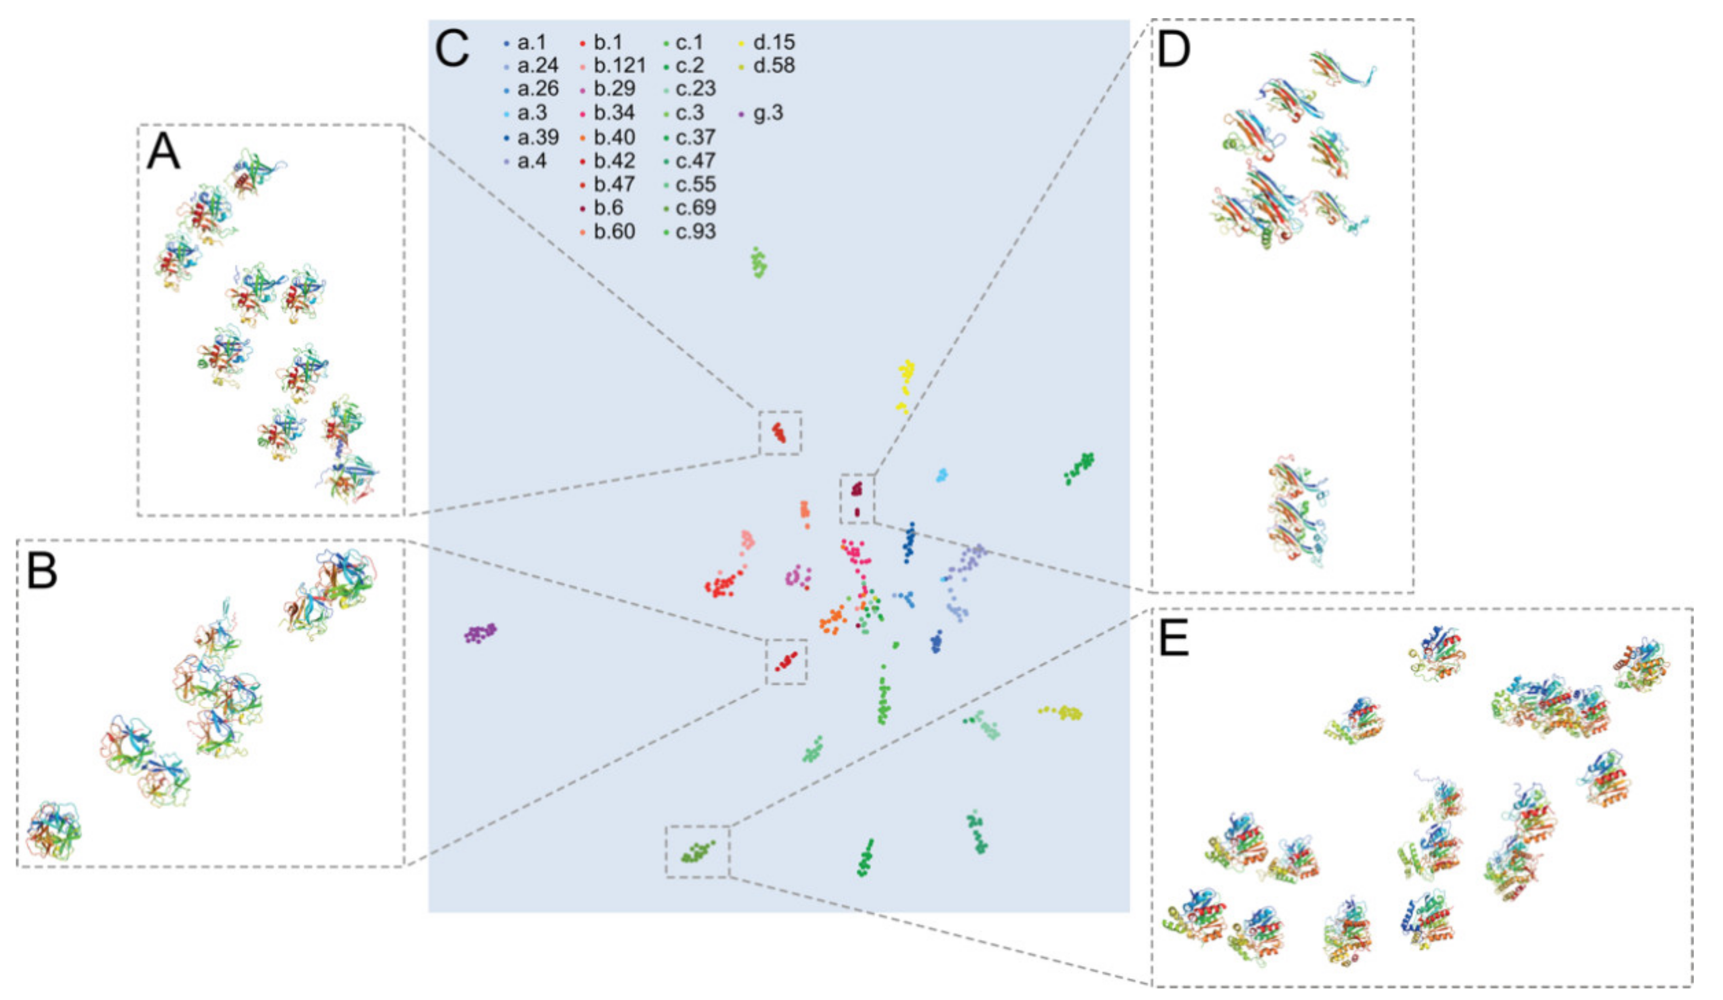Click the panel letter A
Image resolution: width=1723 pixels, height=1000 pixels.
pyautogui.click(x=163, y=151)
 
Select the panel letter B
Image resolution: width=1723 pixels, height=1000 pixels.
pyautogui.click(x=42, y=571)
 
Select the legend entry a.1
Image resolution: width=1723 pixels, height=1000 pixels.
pyautogui.click(x=531, y=42)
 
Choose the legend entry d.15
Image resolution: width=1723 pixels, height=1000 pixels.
pyautogui.click(x=773, y=42)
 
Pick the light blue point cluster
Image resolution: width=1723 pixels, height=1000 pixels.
pyautogui.click(x=942, y=475)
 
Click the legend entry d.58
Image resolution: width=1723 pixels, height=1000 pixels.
pyautogui.click(x=773, y=66)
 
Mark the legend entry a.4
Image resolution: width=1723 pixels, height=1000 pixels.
pyautogui.click(x=531, y=161)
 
